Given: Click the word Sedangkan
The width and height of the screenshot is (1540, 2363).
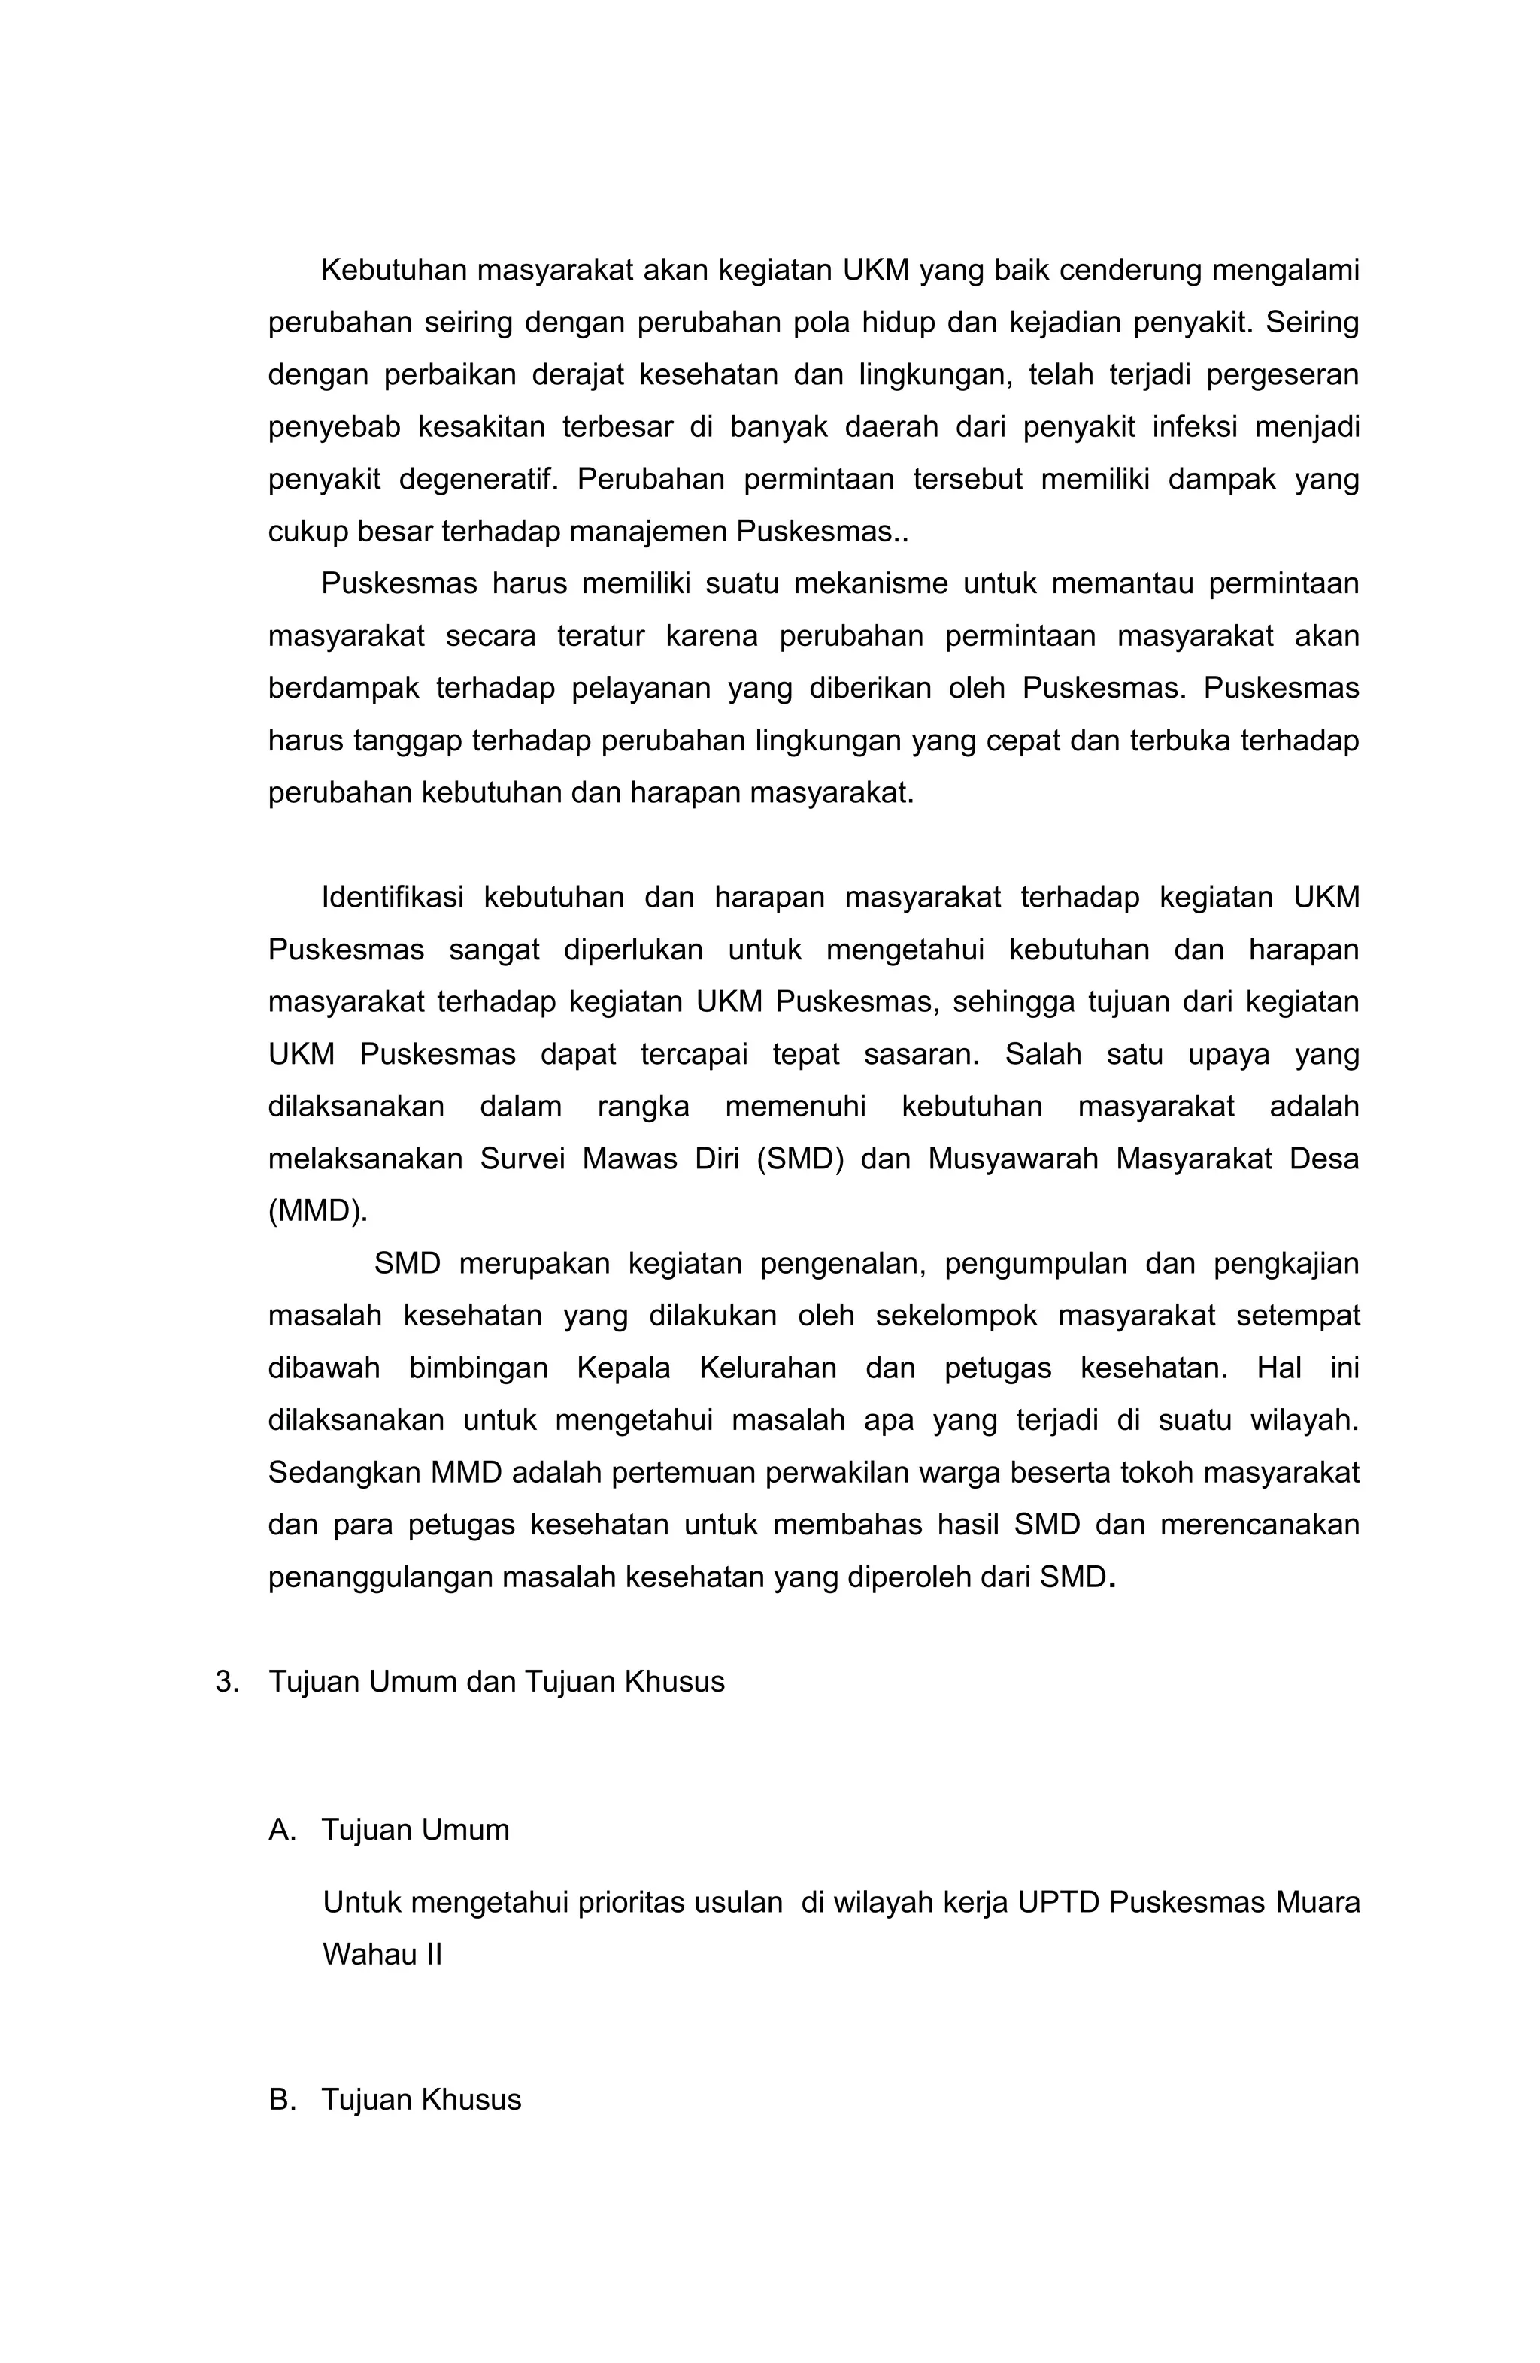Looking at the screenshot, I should click(x=344, y=1472).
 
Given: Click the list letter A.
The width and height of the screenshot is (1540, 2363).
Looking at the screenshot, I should click(x=282, y=1830).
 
